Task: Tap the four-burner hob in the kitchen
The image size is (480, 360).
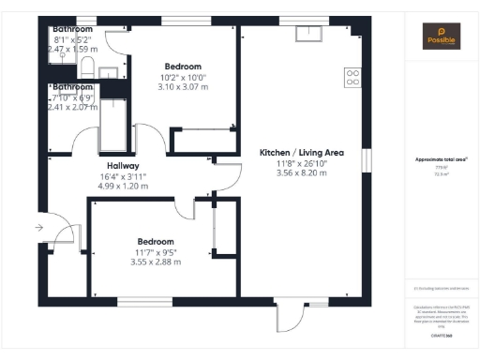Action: pos(353,78)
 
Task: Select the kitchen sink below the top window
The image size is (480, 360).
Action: pos(307,35)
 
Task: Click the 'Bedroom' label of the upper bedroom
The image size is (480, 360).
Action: pos(184,67)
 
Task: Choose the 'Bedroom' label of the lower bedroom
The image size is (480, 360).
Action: pos(157,240)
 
